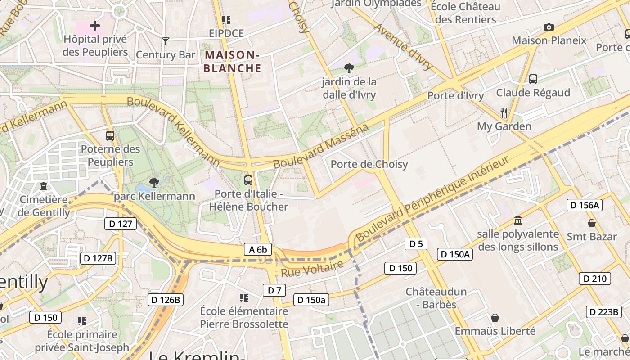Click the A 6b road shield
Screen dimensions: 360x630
258,250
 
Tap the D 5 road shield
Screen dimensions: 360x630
416,244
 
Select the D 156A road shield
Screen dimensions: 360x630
584,205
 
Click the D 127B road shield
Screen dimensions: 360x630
98,258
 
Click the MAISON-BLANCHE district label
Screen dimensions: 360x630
233,62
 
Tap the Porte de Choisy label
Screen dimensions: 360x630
369,164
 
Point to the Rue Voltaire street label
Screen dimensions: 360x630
312,269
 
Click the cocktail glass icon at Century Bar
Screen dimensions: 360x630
166,41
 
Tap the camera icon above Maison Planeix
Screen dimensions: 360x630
549,27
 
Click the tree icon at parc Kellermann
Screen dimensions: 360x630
154,182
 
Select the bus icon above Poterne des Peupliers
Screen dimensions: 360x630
110,135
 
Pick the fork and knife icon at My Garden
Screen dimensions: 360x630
504,112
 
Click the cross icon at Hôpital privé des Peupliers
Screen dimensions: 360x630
95,25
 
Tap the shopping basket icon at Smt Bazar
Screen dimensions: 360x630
592,223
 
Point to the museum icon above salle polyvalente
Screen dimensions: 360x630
518,220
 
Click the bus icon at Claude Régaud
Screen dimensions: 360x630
533,79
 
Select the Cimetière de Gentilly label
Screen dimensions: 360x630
44,206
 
